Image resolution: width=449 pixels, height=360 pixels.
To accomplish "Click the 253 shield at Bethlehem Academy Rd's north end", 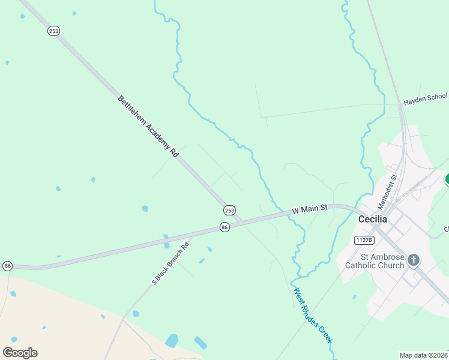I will pos(54,31).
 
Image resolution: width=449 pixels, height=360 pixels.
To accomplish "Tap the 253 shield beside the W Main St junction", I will pos(229,210).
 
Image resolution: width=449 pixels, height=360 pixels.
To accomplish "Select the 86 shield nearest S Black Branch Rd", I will pos(224,227).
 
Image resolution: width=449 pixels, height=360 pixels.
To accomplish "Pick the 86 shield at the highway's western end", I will pos(7,266).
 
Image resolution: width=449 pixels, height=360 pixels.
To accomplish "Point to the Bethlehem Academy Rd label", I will pos(148,127).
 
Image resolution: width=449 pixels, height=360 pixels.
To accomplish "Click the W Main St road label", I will pos(310,209).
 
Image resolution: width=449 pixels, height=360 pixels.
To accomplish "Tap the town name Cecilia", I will pos(373,219).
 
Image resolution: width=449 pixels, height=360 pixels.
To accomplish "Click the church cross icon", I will pos(413,260).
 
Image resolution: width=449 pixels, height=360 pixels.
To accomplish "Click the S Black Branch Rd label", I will pos(170,262).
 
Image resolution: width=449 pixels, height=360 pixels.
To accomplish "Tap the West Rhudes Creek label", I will pos(313,316).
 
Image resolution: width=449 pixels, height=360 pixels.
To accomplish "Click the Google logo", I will pos(20,353).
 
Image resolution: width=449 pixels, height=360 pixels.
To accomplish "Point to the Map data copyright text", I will pos(424,355).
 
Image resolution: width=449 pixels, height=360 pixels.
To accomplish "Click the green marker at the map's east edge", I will pos(447,179).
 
